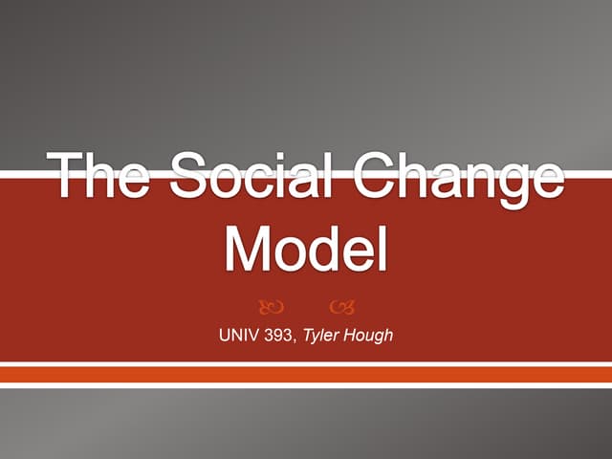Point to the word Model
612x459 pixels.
[306, 246]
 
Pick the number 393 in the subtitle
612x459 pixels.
[277, 335]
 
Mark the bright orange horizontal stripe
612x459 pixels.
[306, 374]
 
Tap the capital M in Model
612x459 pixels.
[247, 246]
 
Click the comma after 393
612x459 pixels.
[294, 340]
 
